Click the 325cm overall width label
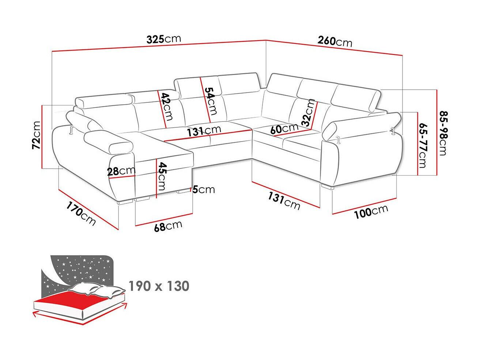[164, 39]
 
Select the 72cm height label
[36, 135]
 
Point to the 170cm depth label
[81, 213]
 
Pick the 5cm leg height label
[204, 190]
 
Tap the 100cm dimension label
[371, 211]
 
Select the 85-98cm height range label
[444, 133]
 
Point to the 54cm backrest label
[211, 101]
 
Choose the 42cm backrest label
[167, 106]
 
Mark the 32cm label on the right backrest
[308, 113]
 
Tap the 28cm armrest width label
[121, 171]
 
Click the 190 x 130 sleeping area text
[159, 286]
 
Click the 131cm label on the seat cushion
[204, 131]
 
